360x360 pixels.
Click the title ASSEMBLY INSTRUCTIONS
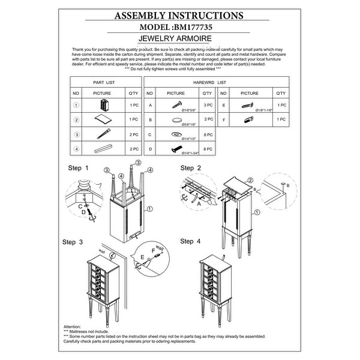point(179,16)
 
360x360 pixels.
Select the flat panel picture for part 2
point(103,119)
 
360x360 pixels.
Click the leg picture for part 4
point(103,148)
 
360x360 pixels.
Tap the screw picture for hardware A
point(178,106)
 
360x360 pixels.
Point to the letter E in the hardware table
point(223,105)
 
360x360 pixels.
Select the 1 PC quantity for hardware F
point(280,119)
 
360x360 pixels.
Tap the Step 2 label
point(190,167)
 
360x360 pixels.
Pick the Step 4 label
point(190,242)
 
